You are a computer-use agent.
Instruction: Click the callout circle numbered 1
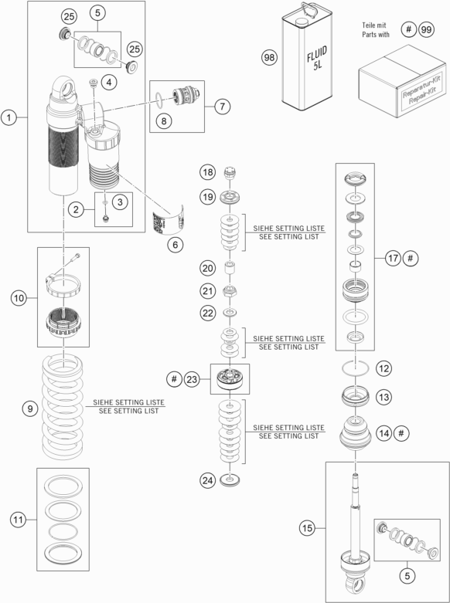tap(10, 117)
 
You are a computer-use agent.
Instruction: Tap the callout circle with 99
tap(424, 30)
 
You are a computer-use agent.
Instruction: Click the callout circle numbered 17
tap(392, 258)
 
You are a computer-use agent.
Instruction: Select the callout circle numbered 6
tap(175, 244)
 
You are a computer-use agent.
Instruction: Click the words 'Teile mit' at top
tap(374, 25)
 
